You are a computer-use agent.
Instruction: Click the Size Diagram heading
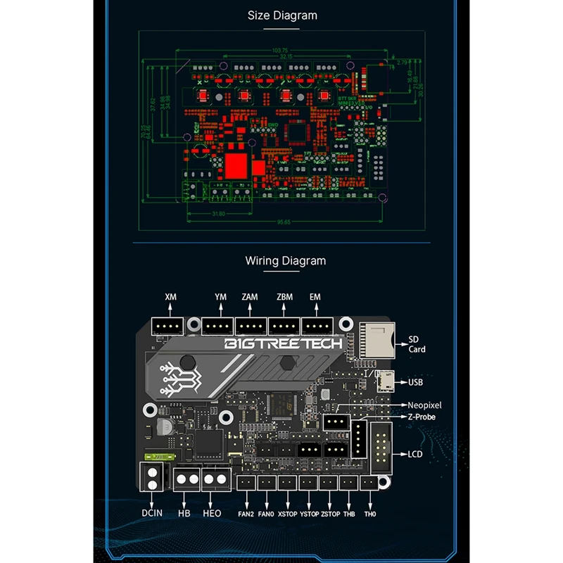point(282,15)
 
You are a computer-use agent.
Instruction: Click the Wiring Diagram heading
point(285,260)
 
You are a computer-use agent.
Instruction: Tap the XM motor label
point(170,297)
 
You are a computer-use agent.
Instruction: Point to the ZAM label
point(249,297)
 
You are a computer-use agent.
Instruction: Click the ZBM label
point(284,297)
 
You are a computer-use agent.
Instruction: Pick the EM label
point(315,297)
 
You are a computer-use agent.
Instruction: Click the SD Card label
point(417,344)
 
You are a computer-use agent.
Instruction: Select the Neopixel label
point(426,405)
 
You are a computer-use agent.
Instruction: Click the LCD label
point(415,454)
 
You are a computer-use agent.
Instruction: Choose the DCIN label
point(151,513)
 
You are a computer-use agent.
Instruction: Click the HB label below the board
point(184,513)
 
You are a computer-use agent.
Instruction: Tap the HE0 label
point(212,513)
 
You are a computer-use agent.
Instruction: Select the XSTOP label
point(288,514)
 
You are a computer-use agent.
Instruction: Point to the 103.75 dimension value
point(279,51)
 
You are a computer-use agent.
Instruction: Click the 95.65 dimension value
point(284,222)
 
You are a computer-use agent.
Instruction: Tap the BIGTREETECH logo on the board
point(283,343)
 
